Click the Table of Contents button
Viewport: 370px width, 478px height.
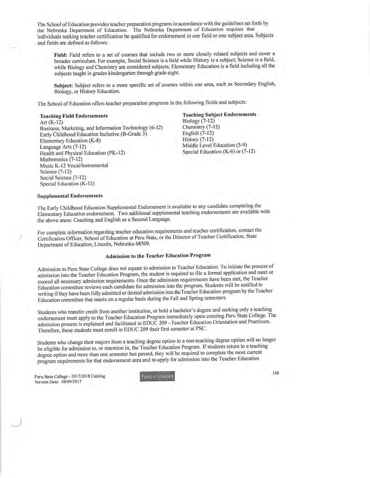[x=158, y=376]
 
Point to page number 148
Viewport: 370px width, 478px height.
[x=276, y=373]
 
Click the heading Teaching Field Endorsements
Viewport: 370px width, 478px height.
[x=74, y=116]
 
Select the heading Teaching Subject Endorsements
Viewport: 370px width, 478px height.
[x=219, y=114]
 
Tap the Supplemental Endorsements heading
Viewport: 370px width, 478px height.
[x=70, y=196]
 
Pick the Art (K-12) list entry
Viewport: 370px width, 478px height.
[x=51, y=122]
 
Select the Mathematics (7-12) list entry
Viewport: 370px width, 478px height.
[x=61, y=159]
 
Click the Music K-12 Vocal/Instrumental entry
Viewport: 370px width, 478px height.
[x=74, y=165]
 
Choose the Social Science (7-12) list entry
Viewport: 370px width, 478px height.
[x=63, y=178]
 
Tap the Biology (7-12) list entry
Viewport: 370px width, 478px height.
[x=198, y=121]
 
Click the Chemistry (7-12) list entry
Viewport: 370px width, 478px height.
[x=201, y=127]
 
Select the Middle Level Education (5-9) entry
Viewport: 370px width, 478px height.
[x=214, y=145]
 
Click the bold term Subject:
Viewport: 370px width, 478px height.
[x=64, y=85]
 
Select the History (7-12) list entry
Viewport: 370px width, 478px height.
[x=198, y=139]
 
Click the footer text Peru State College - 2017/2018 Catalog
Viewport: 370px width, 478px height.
[x=70, y=376]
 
